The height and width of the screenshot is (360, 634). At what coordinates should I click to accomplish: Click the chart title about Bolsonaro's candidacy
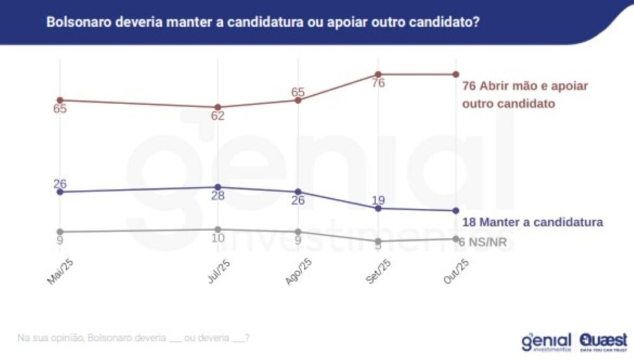263,22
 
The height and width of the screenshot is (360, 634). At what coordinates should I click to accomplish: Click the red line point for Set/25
378,74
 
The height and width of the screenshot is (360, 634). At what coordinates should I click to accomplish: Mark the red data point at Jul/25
217,107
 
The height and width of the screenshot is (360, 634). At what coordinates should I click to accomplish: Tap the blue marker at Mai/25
59,192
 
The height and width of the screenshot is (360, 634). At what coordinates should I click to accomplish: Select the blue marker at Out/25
456,211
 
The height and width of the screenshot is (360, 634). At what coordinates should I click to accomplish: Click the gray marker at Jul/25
217,229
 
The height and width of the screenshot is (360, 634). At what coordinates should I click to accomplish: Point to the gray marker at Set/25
378,241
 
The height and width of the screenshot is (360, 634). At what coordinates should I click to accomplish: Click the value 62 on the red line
217,116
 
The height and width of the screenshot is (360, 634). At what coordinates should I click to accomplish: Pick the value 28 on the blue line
217,196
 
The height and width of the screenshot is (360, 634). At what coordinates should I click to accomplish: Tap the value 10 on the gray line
217,239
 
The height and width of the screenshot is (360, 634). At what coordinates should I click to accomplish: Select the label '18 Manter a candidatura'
532,222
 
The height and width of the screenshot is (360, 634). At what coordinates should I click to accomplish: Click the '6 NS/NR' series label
484,242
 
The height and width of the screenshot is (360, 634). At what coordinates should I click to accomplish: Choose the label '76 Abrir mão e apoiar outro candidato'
525,95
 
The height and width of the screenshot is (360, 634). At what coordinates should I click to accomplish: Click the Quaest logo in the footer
603,340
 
